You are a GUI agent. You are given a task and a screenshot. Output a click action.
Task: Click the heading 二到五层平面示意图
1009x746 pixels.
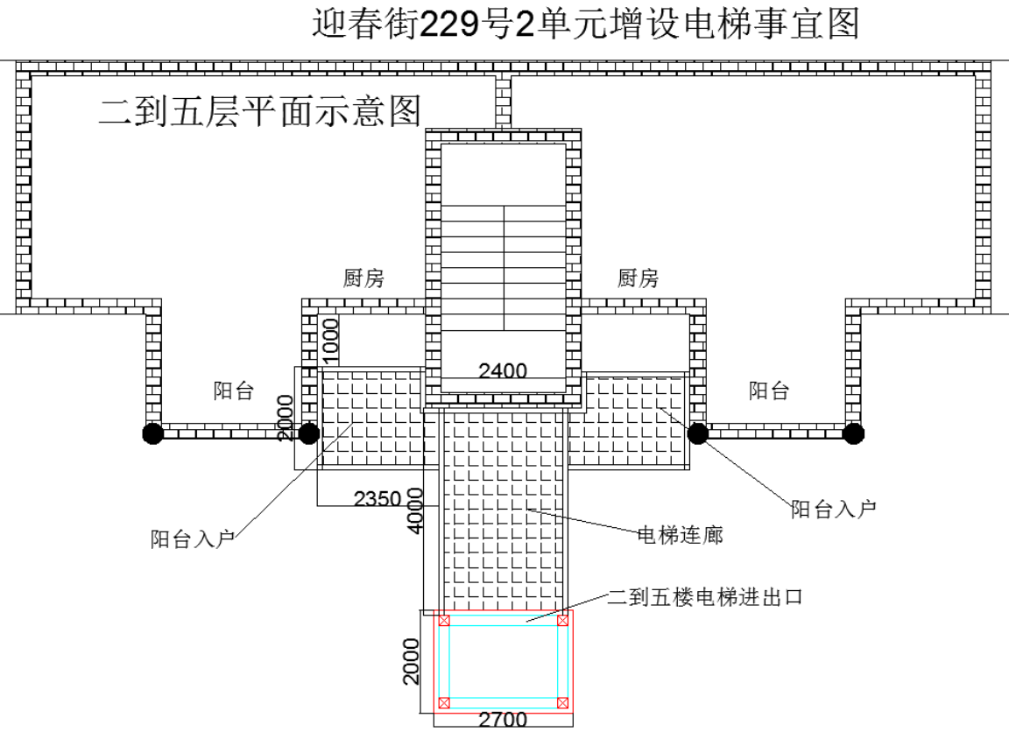260,110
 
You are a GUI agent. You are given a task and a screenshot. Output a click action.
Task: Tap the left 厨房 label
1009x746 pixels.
363,278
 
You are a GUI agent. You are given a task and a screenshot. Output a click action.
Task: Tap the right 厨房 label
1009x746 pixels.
638,278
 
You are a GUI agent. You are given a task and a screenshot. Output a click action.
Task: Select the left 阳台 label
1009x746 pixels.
234,391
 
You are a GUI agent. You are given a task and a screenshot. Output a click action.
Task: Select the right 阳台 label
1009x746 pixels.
768,391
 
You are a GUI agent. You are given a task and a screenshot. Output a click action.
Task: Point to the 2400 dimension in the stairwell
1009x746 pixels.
503,371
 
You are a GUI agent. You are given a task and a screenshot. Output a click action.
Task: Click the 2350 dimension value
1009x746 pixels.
377,498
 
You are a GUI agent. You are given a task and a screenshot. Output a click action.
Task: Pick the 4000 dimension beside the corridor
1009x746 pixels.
416,510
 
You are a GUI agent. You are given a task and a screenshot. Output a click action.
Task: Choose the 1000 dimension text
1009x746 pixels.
330,341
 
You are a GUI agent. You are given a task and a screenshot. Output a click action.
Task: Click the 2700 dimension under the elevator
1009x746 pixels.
503,720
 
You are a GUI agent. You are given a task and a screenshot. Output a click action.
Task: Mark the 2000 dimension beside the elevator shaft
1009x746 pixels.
411,661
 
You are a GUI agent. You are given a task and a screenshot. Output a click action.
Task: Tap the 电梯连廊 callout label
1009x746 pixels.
681,535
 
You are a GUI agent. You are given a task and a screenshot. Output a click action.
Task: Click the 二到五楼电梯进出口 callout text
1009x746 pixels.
705,597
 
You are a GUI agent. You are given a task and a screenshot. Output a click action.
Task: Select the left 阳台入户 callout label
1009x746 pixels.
193,538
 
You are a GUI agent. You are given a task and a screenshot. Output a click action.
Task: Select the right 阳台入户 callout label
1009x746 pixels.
833,510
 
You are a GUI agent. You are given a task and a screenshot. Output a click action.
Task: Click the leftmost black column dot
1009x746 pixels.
152,433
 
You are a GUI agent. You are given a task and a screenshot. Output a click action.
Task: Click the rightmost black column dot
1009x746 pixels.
853,433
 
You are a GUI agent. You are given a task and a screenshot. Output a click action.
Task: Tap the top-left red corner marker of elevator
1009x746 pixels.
444,621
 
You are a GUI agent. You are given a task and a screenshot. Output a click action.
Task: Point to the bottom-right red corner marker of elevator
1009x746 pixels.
562,703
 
